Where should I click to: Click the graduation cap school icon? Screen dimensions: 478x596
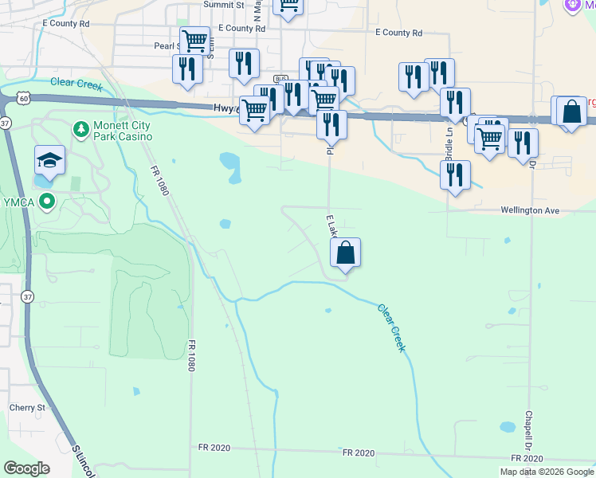pyautogui.click(x=49, y=160)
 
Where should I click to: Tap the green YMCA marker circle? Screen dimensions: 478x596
pyautogui.click(x=47, y=201)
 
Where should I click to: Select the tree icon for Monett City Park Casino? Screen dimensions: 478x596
pyautogui.click(x=80, y=128)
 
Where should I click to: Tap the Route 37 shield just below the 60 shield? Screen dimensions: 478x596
pyautogui.click(x=6, y=123)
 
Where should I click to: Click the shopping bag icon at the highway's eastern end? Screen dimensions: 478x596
pyautogui.click(x=571, y=112)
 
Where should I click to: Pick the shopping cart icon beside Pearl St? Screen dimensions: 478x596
pyautogui.click(x=194, y=41)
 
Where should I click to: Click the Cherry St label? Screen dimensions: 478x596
pyautogui.click(x=28, y=407)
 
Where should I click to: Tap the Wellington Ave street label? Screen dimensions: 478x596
pyautogui.click(x=530, y=210)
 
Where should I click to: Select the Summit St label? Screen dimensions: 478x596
pyautogui.click(x=223, y=5)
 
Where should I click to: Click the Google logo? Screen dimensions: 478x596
pyautogui.click(x=26, y=468)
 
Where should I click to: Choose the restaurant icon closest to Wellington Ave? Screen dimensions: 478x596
pyautogui.click(x=455, y=176)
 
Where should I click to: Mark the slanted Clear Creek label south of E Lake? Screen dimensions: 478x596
pyautogui.click(x=391, y=327)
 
